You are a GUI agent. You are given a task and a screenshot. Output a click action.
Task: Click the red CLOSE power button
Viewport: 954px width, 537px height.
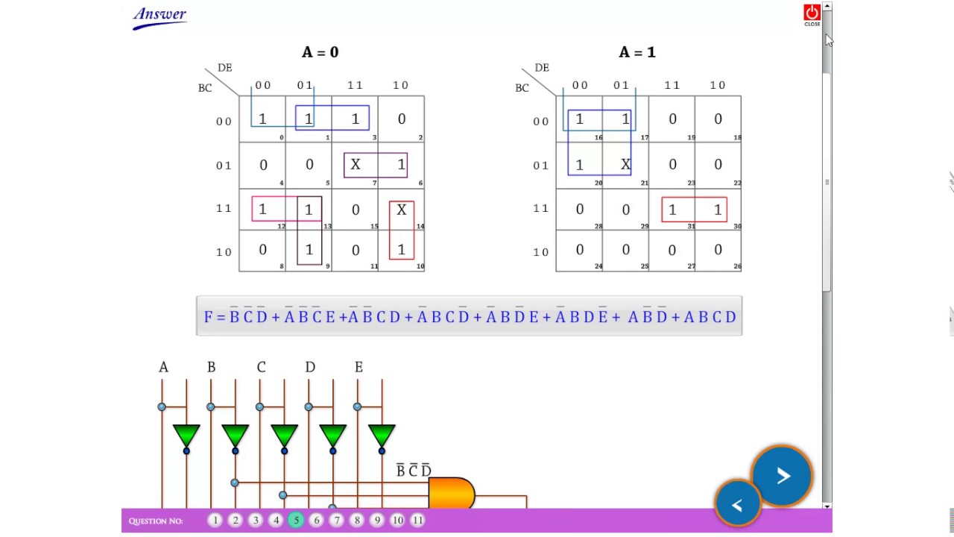click(x=812, y=13)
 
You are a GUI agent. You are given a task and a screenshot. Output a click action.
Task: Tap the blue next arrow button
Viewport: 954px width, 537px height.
click(x=782, y=477)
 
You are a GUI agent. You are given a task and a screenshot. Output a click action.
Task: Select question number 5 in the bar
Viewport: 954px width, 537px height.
click(x=296, y=521)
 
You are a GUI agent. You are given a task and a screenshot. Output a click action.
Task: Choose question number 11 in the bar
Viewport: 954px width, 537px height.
click(x=417, y=521)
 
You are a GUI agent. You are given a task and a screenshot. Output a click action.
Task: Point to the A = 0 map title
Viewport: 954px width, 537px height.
click(x=320, y=52)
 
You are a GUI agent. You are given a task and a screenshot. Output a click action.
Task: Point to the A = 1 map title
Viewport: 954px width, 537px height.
click(x=637, y=52)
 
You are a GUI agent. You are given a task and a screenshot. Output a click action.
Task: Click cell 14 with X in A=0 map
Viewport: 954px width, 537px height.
click(x=401, y=210)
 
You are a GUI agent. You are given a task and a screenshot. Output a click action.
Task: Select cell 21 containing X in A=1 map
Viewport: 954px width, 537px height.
click(x=625, y=165)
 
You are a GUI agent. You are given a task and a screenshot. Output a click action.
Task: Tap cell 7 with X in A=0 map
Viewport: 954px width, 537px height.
click(x=356, y=165)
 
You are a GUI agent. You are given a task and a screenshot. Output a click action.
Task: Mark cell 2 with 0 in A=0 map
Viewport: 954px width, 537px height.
click(x=401, y=119)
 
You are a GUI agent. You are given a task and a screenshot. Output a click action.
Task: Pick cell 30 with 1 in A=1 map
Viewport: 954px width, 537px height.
click(x=718, y=210)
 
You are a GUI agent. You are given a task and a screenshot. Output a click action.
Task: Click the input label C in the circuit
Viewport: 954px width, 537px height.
click(x=261, y=367)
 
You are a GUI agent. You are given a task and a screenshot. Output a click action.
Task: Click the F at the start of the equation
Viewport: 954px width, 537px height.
click(x=208, y=317)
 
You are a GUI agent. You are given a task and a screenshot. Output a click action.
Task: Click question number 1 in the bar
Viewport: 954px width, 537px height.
click(x=215, y=521)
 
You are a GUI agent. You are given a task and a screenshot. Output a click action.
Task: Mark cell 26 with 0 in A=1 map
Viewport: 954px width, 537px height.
click(x=718, y=251)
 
